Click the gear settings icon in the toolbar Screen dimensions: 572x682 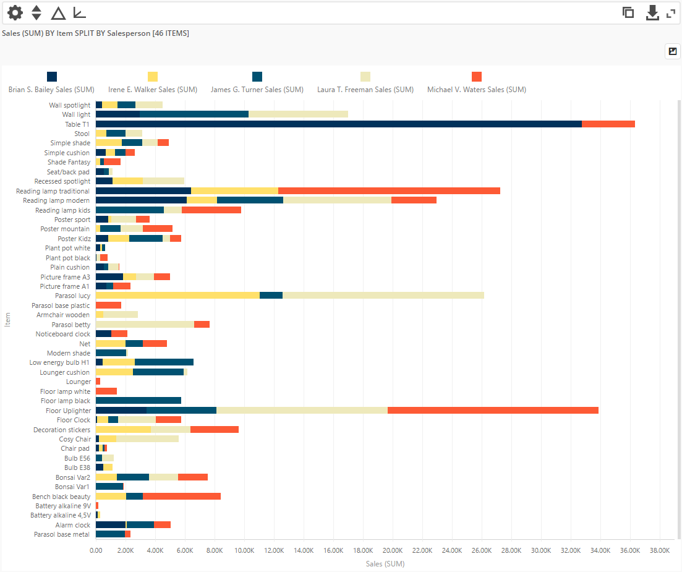click(15, 12)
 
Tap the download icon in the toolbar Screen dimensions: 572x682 click(652, 13)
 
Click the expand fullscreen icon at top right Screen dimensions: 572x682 click(671, 13)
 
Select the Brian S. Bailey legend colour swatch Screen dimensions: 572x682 click(52, 77)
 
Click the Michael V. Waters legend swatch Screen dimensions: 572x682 click(477, 77)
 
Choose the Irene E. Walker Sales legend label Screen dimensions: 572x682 click(153, 90)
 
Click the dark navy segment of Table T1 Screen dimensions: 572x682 click(338, 124)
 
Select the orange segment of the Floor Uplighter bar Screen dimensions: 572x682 click(493, 411)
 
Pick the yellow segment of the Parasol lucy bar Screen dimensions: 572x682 click(177, 296)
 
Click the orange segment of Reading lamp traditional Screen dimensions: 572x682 click(389, 191)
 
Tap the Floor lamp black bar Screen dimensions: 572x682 click(139, 401)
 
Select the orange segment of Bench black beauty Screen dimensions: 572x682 click(182, 497)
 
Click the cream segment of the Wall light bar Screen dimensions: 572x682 click(298, 114)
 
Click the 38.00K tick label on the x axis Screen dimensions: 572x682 click(659, 550)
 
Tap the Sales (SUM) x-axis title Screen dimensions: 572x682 click(385, 563)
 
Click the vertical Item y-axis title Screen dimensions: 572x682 click(7, 320)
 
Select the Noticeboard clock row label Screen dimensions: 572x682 click(62, 334)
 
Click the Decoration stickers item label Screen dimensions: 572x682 click(62, 430)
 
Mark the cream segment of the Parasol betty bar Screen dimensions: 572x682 click(145, 325)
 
